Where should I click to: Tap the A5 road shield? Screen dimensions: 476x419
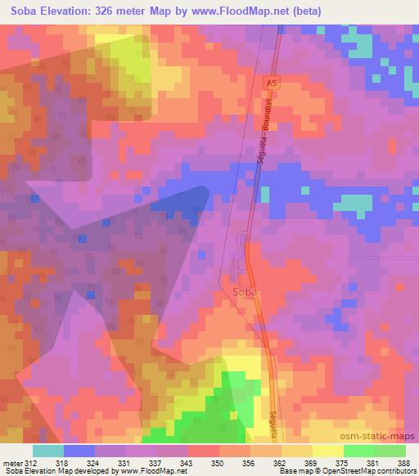[x=270, y=83]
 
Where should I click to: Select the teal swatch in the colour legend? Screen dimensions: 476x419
[x=48, y=451]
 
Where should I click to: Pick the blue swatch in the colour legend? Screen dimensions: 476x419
[x=79, y=451]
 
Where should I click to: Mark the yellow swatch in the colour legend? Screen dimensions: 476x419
[x=328, y=451]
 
